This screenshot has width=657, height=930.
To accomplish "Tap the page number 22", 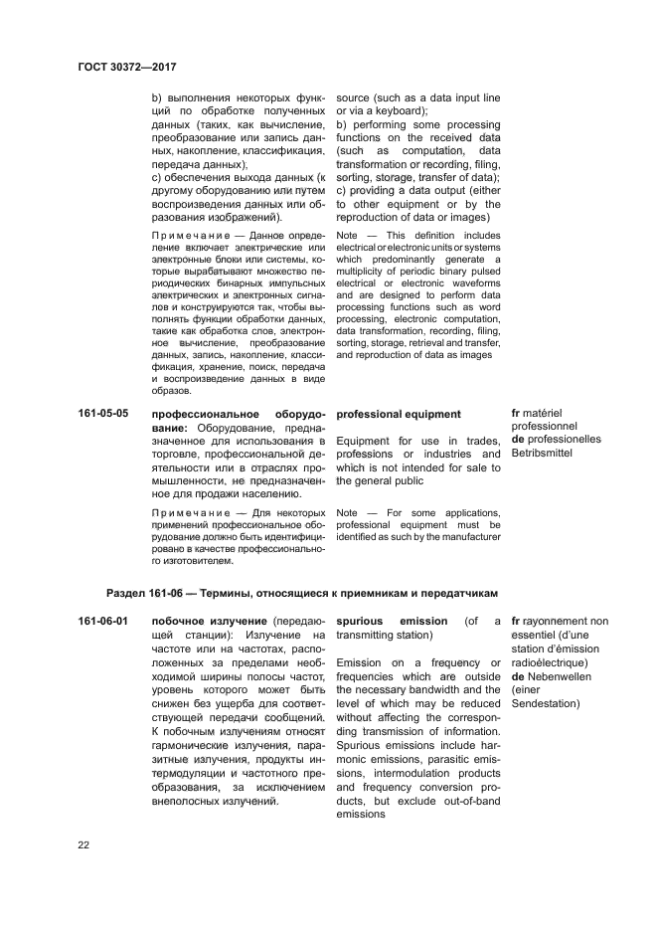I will [84, 845].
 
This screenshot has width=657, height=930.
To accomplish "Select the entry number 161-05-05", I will [104, 413].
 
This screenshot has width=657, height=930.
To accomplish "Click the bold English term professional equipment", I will [399, 413].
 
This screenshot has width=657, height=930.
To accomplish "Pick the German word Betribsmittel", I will [546, 455].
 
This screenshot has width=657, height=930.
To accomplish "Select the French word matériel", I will [549, 413].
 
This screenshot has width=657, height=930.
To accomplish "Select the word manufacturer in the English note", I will [467, 537].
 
